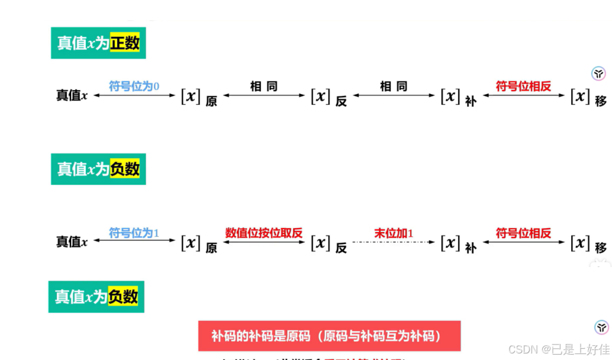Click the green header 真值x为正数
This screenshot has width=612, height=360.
point(98,43)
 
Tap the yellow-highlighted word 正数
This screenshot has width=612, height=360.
point(124,43)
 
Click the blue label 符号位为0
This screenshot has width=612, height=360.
point(134,86)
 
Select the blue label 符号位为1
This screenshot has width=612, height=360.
point(134,233)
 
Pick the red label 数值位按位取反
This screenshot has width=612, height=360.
point(264,233)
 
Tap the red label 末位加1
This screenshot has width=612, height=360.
point(393,233)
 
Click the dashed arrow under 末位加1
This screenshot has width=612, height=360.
point(393,242)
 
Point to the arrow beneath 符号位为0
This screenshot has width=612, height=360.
point(134,95)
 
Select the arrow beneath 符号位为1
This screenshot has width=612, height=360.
point(134,240)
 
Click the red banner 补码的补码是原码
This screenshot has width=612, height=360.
point(329,336)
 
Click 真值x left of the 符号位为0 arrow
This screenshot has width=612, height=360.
point(72,95)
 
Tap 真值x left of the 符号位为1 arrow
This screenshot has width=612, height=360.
point(72,242)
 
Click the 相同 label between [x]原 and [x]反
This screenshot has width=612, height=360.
point(264,86)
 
